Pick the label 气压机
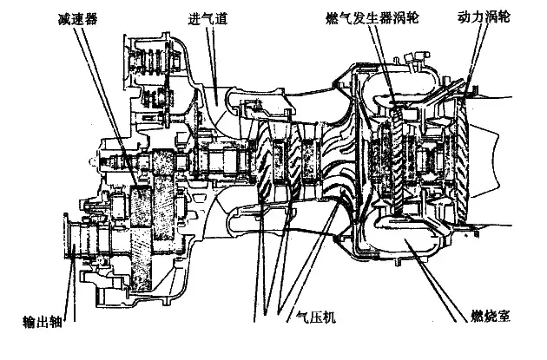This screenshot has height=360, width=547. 316,317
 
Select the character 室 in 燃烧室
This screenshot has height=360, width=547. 505,317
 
